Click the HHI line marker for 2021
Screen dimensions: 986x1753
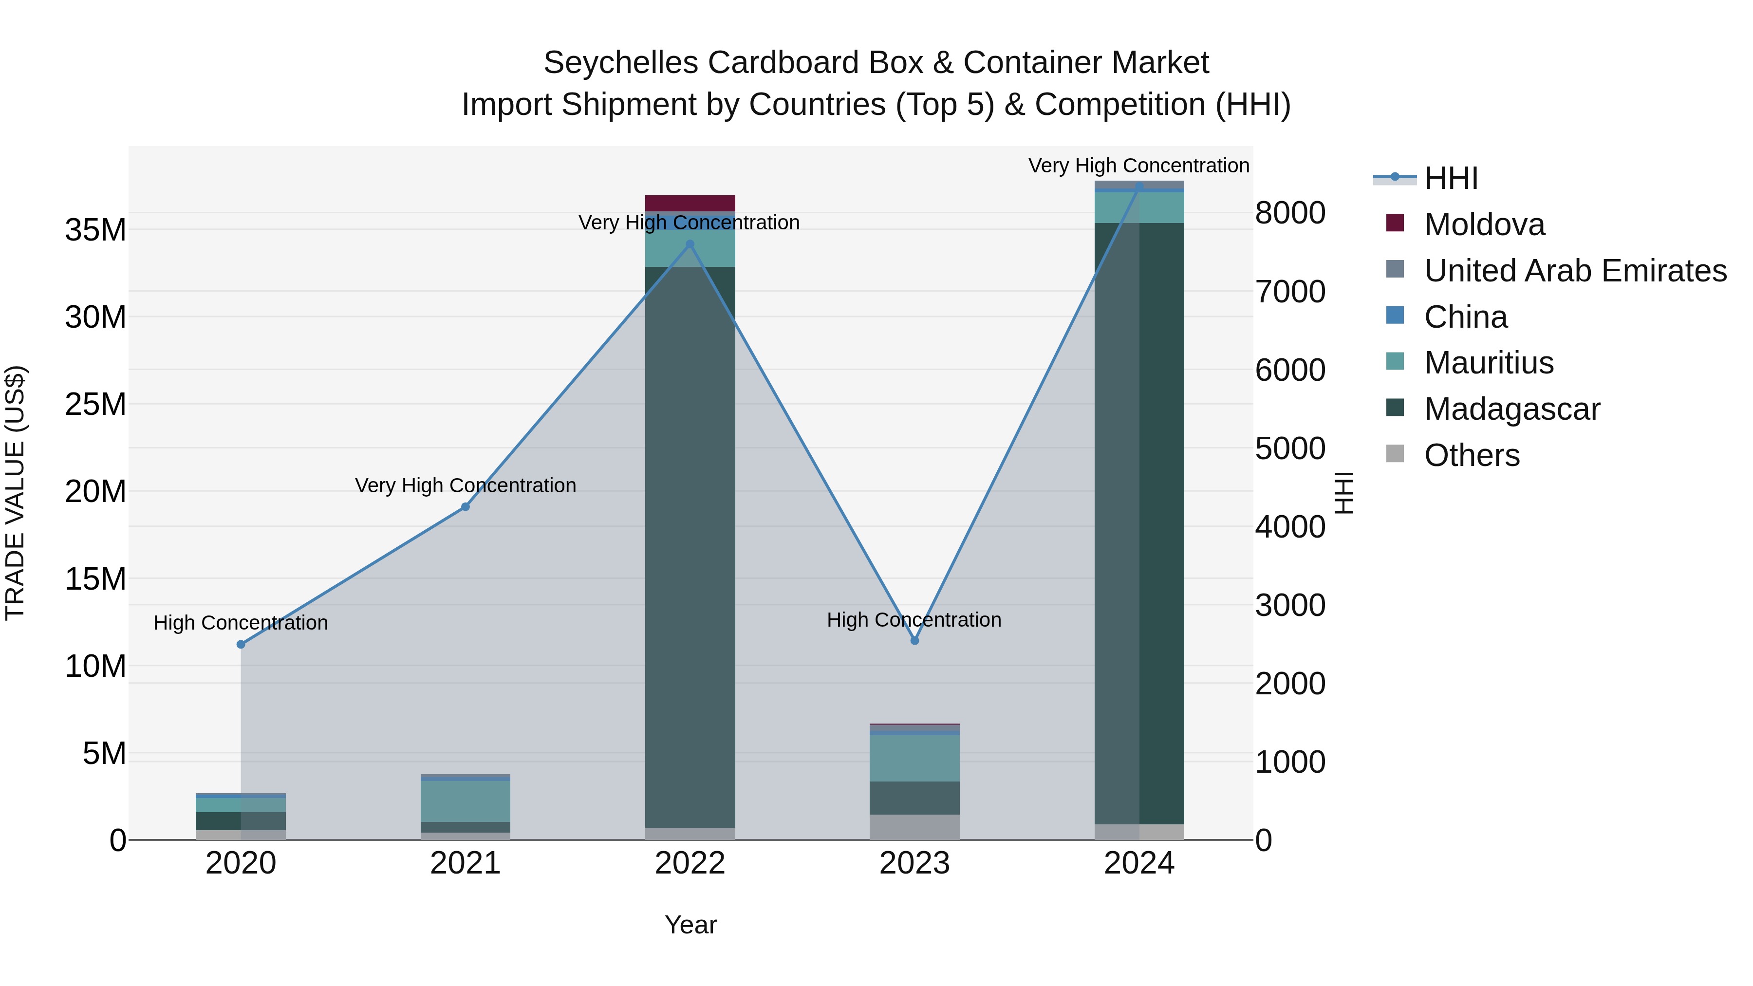click(x=466, y=507)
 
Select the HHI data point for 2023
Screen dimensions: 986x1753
click(x=914, y=640)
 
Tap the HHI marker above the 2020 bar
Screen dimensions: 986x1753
click(x=241, y=644)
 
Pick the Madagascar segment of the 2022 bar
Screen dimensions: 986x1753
click(x=690, y=544)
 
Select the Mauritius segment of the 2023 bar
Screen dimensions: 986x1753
click(x=914, y=758)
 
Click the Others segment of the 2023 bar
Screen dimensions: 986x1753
click(x=914, y=827)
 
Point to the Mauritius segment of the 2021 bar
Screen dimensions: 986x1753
click(x=466, y=801)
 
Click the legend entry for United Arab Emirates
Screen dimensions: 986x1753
click(x=1575, y=271)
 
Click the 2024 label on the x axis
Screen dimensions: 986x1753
click(x=1139, y=863)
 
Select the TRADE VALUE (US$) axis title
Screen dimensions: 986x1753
click(x=15, y=493)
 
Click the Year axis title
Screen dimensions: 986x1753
click(x=690, y=925)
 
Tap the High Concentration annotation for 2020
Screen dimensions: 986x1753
click(x=241, y=623)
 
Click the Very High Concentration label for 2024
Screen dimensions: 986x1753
click(x=1138, y=166)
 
